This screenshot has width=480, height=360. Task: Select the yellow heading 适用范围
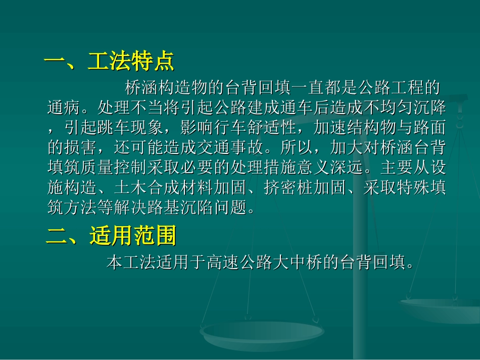[133, 235]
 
